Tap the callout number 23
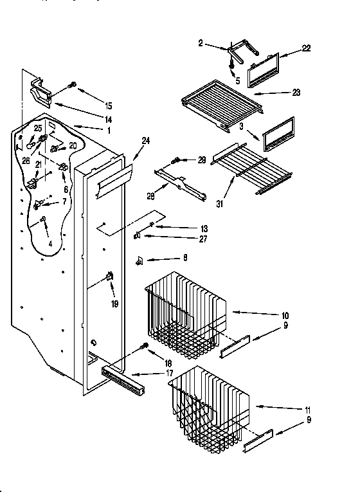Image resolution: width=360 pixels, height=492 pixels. pyautogui.click(x=296, y=93)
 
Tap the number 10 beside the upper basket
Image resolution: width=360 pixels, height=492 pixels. pyautogui.click(x=285, y=316)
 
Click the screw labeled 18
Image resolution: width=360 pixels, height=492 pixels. pyautogui.click(x=145, y=347)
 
